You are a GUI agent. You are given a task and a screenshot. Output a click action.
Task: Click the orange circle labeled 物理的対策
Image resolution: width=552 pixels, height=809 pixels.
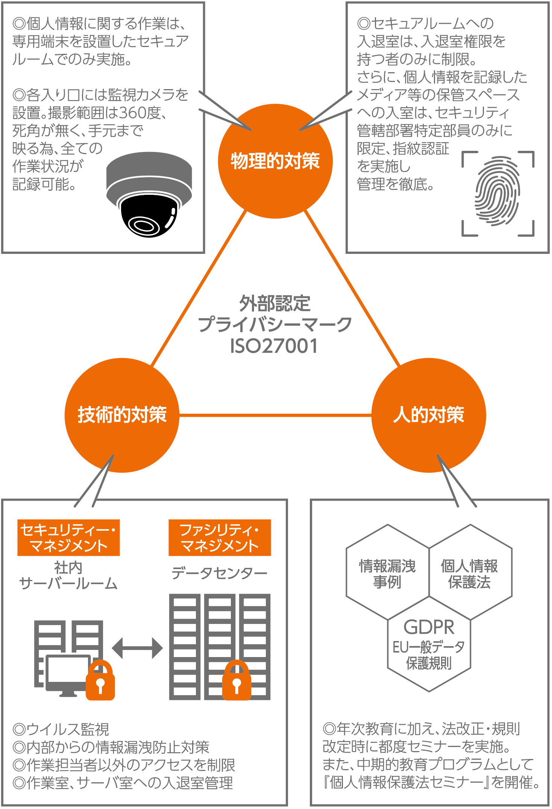pos(275,161)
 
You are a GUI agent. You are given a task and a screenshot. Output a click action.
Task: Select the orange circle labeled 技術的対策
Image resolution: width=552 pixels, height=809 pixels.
pos(122,415)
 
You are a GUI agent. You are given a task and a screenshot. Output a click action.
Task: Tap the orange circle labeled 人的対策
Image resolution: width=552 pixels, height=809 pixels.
pos(429,415)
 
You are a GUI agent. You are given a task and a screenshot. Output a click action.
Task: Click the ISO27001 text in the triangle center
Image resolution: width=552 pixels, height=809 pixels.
pos(274,346)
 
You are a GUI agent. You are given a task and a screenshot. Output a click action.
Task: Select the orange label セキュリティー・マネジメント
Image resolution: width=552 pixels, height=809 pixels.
pos(68,537)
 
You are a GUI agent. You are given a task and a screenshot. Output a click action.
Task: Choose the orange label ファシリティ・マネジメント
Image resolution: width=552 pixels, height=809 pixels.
pos(220,537)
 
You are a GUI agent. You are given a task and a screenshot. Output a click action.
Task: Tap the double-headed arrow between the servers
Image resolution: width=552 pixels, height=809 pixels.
pos(137,648)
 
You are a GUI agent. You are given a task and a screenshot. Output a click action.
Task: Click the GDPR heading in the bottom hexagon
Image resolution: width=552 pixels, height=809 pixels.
pos(429,627)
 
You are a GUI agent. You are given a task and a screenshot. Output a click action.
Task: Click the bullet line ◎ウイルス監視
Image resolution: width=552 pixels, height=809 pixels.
pos(61,729)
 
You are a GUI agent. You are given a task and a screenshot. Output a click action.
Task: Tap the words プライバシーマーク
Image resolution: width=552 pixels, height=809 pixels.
pos(274,324)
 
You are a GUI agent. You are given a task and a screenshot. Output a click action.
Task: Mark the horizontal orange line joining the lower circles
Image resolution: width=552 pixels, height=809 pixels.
pos(275,415)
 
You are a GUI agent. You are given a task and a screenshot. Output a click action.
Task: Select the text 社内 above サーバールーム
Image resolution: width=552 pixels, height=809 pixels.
pos(68,568)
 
